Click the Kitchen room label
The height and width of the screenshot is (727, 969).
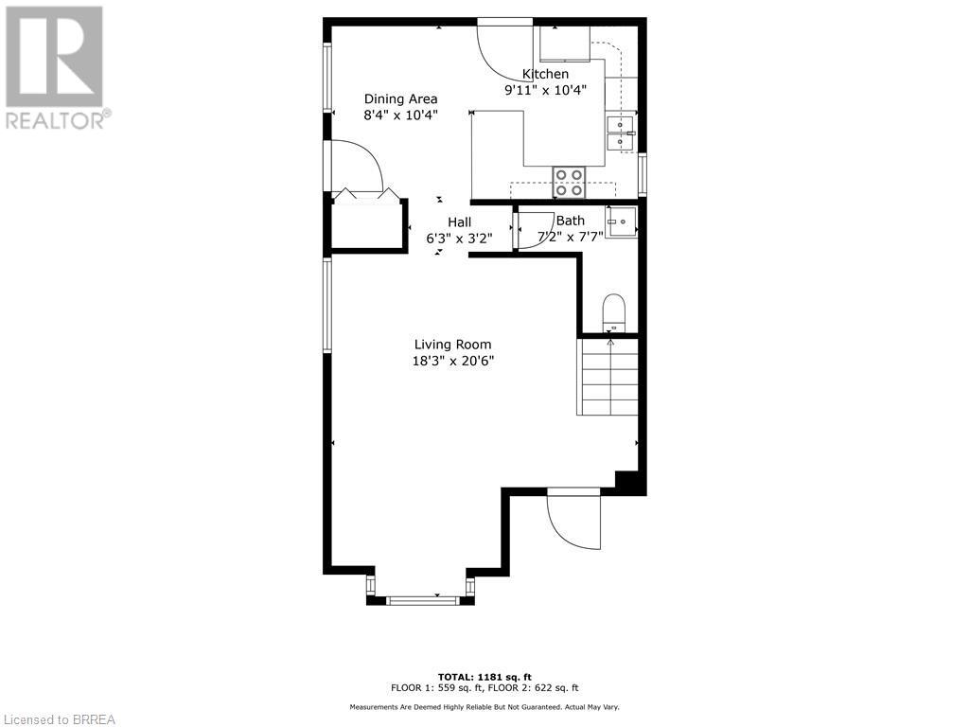(546, 74)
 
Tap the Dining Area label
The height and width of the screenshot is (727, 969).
(401, 98)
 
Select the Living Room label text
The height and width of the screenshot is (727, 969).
(453, 345)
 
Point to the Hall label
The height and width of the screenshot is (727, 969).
(459, 222)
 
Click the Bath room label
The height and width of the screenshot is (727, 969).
(570, 221)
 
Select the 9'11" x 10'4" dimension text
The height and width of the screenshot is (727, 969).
(546, 90)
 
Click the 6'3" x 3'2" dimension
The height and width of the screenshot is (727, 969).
(459, 239)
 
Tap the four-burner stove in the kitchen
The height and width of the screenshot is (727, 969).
(569, 182)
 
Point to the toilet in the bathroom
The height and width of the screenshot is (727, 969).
(614, 311)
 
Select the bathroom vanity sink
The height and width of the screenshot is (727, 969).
(620, 222)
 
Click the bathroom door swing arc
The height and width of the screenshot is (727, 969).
(536, 230)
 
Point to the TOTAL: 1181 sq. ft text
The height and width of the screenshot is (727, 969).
(484, 676)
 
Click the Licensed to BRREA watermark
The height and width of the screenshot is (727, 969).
(59, 718)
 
